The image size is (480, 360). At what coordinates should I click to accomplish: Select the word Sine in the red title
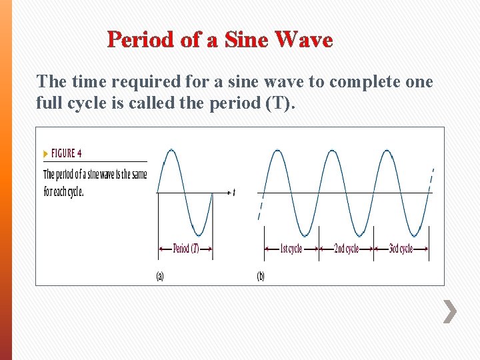(246, 40)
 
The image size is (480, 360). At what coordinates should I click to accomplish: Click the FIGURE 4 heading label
(66, 153)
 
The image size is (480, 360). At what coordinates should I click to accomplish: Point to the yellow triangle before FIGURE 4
(45, 153)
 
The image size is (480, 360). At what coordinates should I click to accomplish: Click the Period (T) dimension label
(185, 249)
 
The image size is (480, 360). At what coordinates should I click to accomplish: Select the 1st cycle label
(291, 249)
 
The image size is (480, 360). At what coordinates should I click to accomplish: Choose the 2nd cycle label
(346, 249)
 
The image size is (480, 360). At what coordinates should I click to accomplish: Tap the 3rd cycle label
(401, 249)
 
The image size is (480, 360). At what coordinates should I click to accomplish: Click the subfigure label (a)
(160, 276)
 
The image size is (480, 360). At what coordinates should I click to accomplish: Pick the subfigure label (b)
(261, 276)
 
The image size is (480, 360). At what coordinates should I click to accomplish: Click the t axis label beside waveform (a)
(234, 193)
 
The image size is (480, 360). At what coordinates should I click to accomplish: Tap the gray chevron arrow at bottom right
(451, 311)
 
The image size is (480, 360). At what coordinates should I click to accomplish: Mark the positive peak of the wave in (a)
(171, 151)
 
